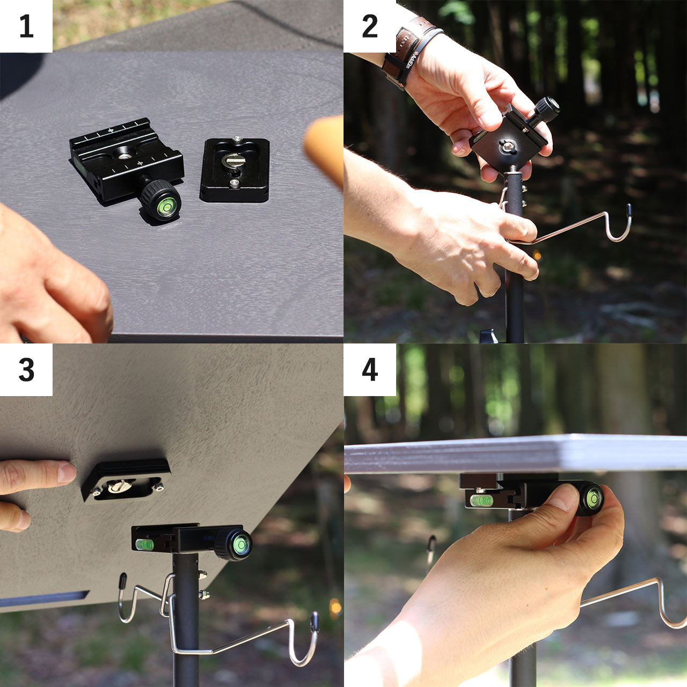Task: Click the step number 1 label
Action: pyautogui.click(x=26, y=26)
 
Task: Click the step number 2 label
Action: pyautogui.click(x=370, y=26)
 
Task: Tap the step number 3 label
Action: pyautogui.click(x=26, y=370)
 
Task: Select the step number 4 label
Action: pyautogui.click(x=370, y=370)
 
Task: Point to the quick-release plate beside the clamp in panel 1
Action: pyautogui.click(x=235, y=170)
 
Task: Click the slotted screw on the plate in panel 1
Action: pyautogui.click(x=232, y=159)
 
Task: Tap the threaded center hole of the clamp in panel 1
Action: pyautogui.click(x=123, y=156)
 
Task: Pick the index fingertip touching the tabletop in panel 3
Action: pyautogui.click(x=67, y=472)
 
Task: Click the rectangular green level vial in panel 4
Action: pyautogui.click(x=481, y=501)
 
